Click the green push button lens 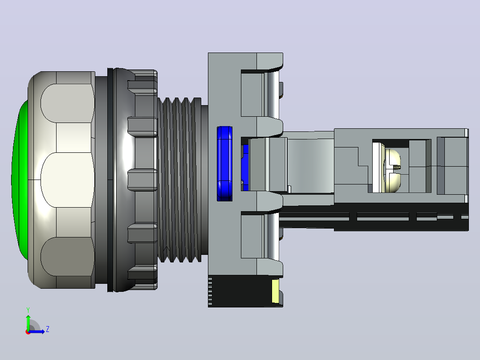click(20, 179)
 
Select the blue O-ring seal click(224, 164)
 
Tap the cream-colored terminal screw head click(392, 170)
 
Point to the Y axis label click(28, 310)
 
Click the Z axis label click(48, 329)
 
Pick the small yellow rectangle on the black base click(276, 291)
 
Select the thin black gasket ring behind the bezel click(110, 180)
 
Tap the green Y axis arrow click(28, 322)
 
